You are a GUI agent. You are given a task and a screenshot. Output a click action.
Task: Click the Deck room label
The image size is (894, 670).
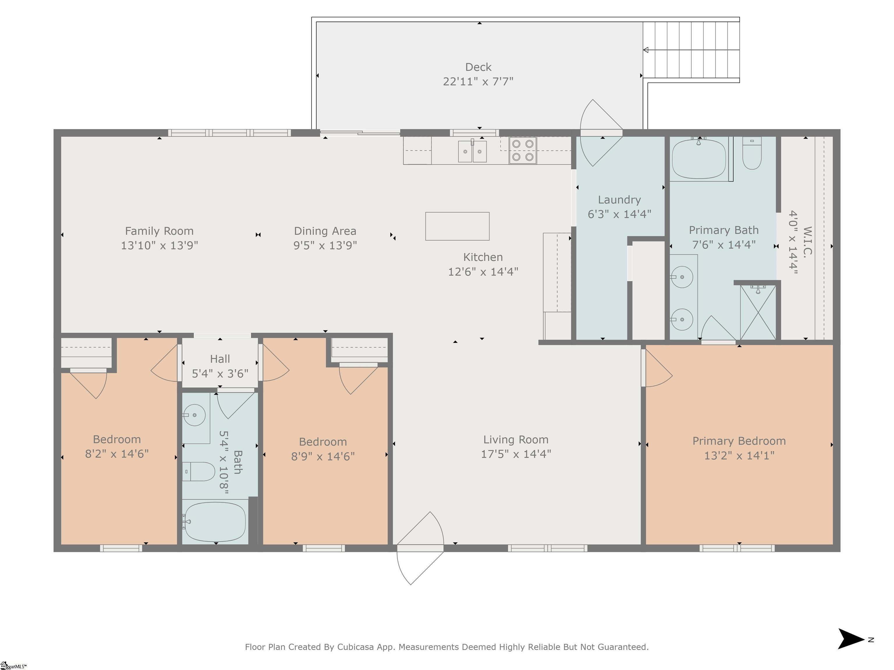click(x=478, y=67)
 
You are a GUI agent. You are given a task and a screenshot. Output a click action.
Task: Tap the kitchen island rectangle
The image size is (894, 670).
click(x=457, y=226)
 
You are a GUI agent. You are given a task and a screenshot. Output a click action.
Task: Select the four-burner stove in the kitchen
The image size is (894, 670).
click(x=523, y=150)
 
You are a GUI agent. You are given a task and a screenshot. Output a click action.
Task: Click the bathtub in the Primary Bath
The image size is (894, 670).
click(x=699, y=159)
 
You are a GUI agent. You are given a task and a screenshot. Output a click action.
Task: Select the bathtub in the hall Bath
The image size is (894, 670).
click(x=214, y=521)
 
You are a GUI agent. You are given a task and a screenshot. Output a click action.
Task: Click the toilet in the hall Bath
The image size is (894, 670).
click(x=198, y=471)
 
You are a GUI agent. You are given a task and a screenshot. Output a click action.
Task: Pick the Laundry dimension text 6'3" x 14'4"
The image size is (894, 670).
click(x=619, y=214)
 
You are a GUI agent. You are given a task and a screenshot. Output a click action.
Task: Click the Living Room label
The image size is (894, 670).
click(x=516, y=439)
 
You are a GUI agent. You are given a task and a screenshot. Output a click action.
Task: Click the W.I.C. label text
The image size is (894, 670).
click(x=807, y=242)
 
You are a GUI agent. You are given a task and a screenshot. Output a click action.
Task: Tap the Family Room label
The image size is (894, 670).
click(x=159, y=231)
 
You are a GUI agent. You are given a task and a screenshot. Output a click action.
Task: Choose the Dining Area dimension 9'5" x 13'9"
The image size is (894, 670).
click(x=325, y=245)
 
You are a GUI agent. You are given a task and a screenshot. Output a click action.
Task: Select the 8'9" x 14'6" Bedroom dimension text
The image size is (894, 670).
click(x=323, y=456)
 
